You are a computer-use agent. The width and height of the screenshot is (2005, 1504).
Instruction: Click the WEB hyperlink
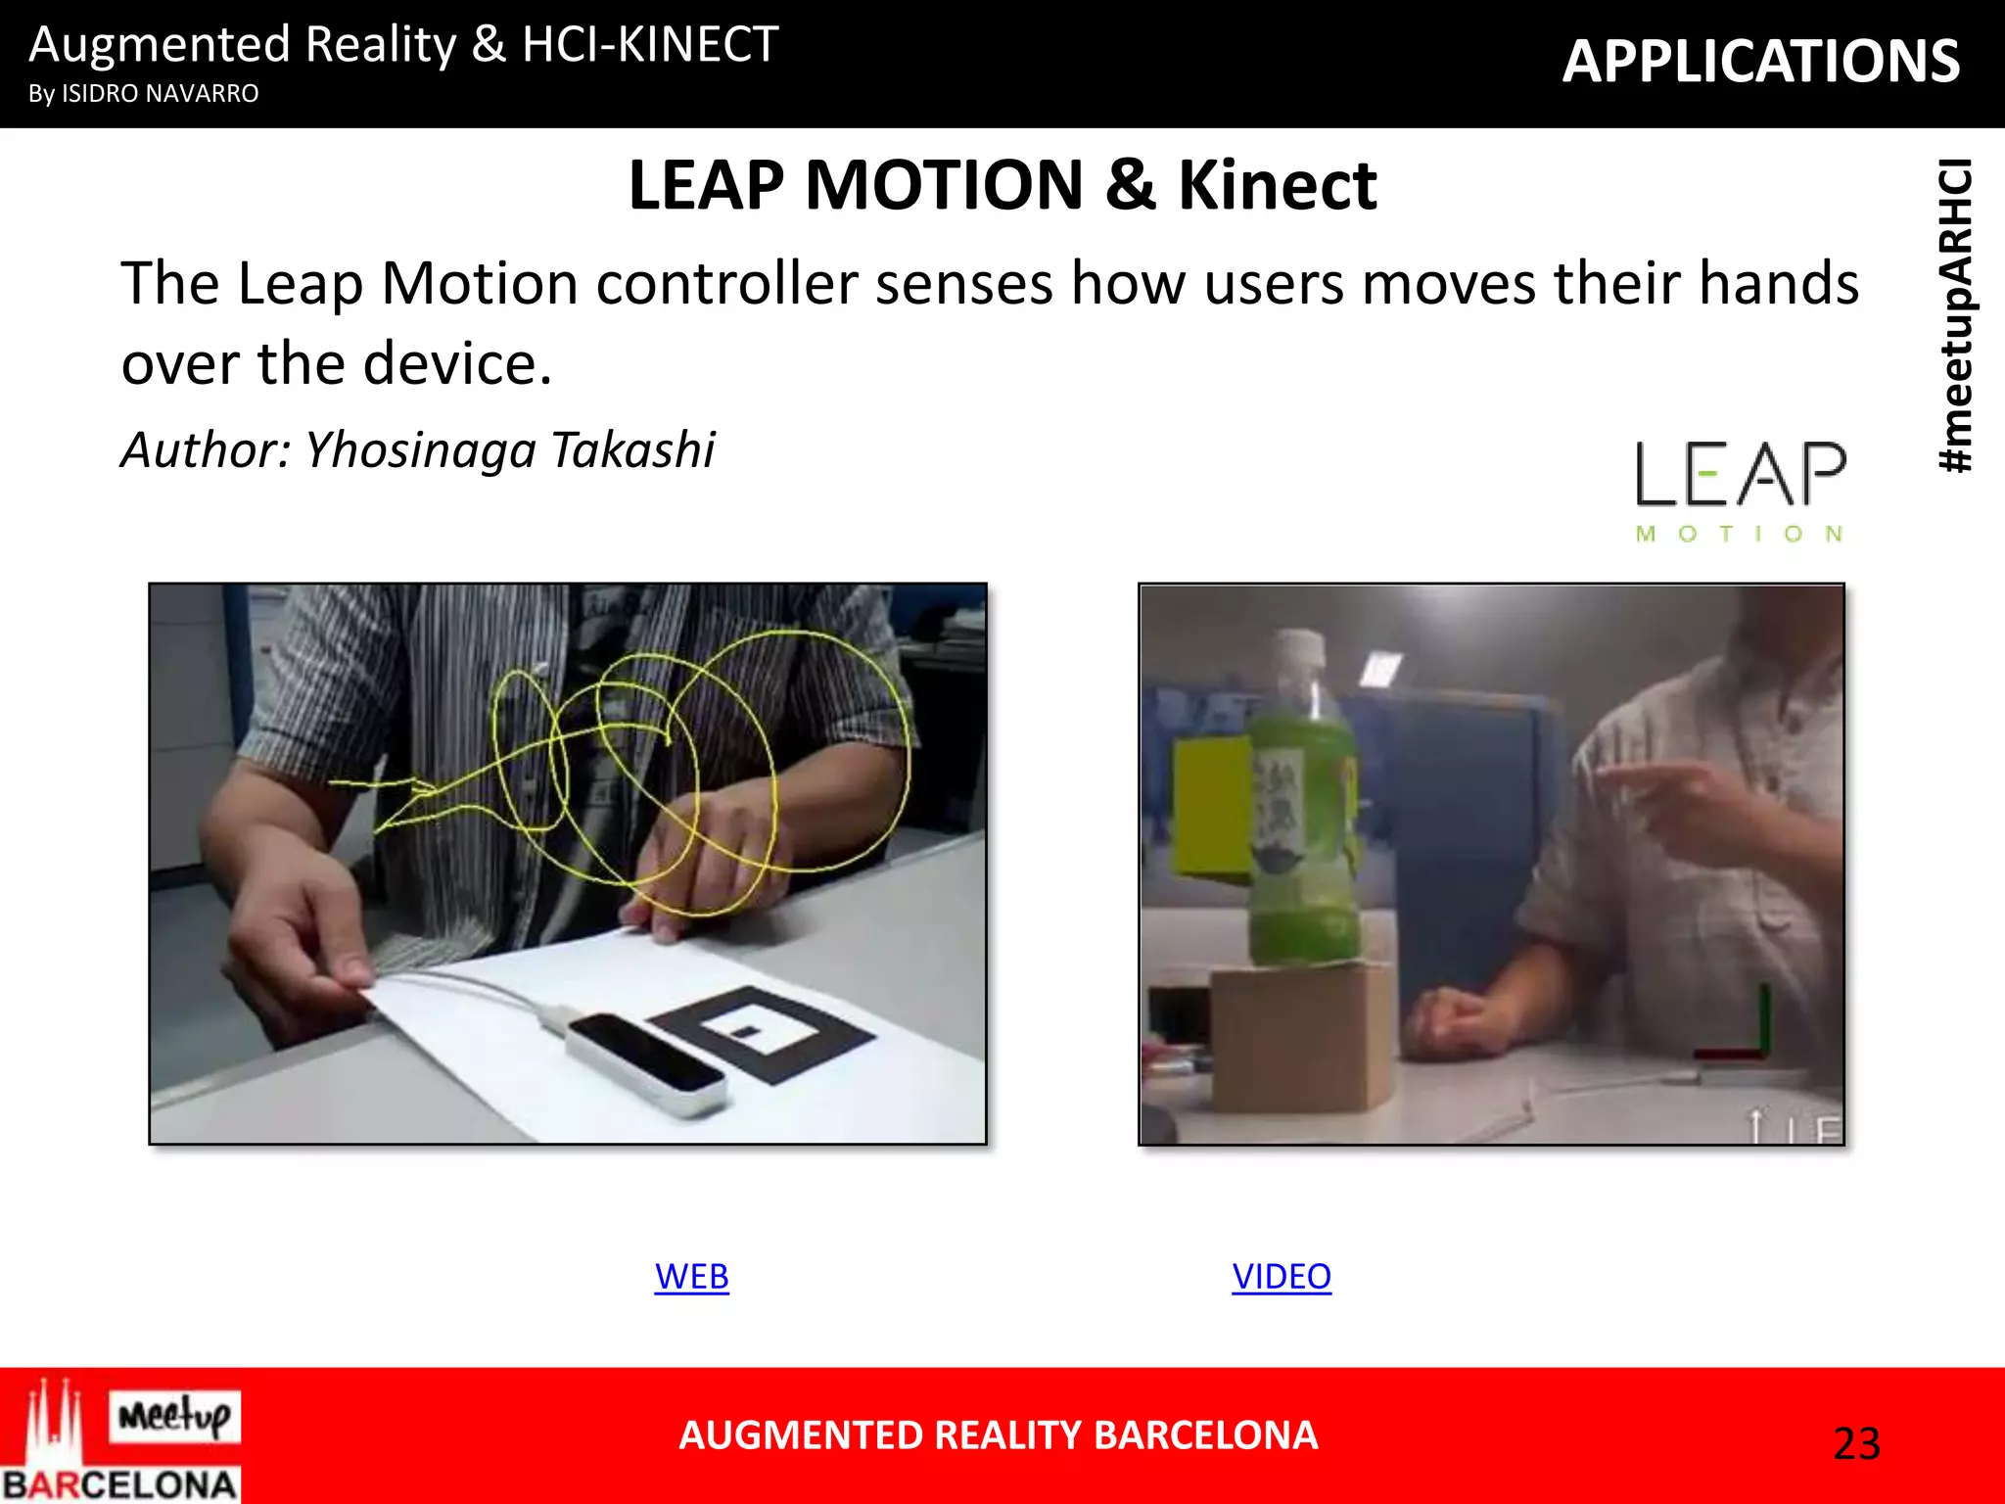tap(691, 1277)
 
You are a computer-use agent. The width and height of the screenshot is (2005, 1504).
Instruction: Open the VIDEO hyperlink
tap(1281, 1277)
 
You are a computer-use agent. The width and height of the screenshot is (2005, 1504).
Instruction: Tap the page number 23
tap(1856, 1443)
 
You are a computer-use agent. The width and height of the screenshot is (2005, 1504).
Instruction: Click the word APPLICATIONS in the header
tap(1760, 62)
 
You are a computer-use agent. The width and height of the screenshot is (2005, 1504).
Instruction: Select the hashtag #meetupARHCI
tap(1956, 315)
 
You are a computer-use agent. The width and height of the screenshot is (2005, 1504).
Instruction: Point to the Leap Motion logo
tap(1740, 490)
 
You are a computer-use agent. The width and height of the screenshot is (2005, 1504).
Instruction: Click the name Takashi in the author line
tap(632, 450)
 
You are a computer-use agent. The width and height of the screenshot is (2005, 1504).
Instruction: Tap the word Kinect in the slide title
tap(1277, 185)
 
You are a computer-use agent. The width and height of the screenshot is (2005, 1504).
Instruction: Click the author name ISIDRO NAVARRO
tap(161, 94)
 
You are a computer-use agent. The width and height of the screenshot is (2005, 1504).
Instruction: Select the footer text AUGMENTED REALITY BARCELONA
tap(998, 1435)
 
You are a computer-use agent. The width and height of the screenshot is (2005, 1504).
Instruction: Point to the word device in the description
tap(461, 364)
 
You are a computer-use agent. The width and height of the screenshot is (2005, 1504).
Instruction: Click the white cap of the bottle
tap(1298, 646)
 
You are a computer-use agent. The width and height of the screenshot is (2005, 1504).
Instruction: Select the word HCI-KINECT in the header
tap(650, 45)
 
